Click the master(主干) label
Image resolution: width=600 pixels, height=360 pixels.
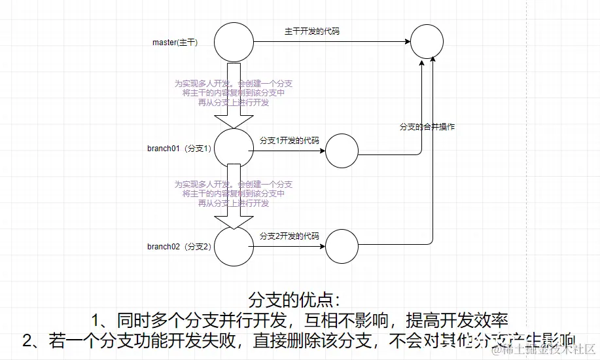click(x=175, y=42)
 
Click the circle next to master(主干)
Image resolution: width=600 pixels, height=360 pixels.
click(x=234, y=42)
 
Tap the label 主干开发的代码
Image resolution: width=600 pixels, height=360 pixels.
click(x=312, y=31)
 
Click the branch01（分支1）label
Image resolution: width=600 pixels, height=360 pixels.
click(x=179, y=148)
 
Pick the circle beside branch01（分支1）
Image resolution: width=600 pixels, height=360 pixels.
click(x=234, y=148)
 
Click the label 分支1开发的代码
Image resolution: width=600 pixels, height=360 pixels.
click(x=289, y=140)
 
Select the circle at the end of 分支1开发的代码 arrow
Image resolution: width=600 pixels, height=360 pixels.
click(x=342, y=152)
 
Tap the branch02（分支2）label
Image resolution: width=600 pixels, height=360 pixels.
click(x=179, y=247)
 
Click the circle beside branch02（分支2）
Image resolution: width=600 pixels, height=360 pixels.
click(x=234, y=247)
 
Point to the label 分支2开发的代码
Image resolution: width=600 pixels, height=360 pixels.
click(x=289, y=236)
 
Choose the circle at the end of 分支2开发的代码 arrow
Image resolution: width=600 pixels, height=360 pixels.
click(x=342, y=247)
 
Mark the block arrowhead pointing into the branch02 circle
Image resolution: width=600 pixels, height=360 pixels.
click(x=234, y=221)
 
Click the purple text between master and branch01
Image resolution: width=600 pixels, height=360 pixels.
click(x=234, y=93)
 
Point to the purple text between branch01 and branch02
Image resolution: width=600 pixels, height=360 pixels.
click(x=234, y=194)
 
